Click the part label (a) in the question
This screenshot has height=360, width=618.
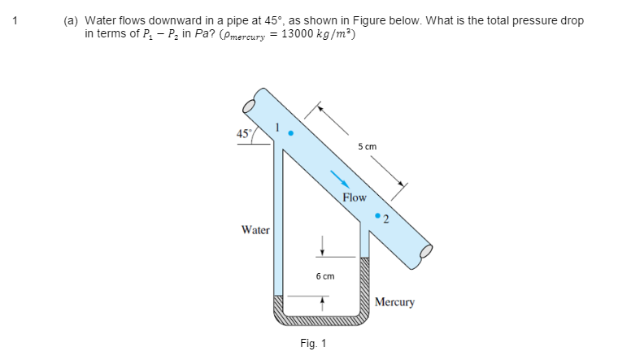click(72, 20)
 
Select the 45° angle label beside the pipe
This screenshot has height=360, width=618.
click(243, 133)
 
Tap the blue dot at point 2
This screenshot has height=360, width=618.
click(377, 215)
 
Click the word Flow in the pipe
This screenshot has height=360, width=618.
click(355, 197)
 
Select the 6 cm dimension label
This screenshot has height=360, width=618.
click(324, 276)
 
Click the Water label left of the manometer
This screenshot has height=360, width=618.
click(255, 230)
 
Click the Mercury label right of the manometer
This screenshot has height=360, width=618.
click(394, 302)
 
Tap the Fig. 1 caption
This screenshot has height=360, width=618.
click(313, 343)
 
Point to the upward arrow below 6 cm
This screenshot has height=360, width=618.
click(323, 301)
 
